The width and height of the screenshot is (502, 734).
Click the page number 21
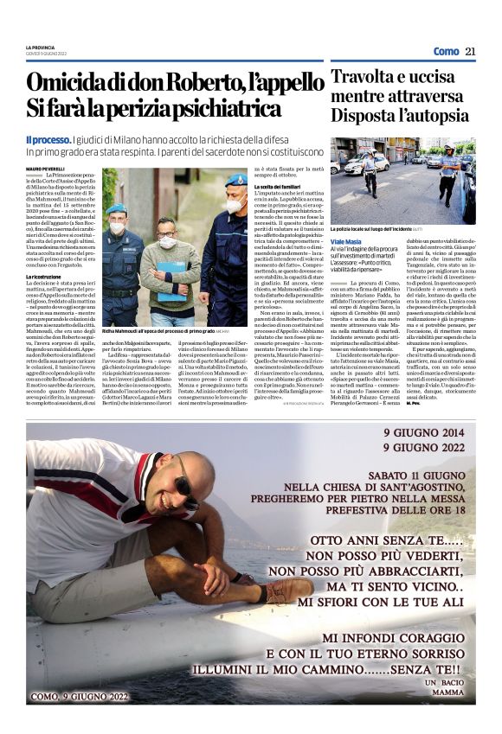[x=470, y=51]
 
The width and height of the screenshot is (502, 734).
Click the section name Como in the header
[x=445, y=51]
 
